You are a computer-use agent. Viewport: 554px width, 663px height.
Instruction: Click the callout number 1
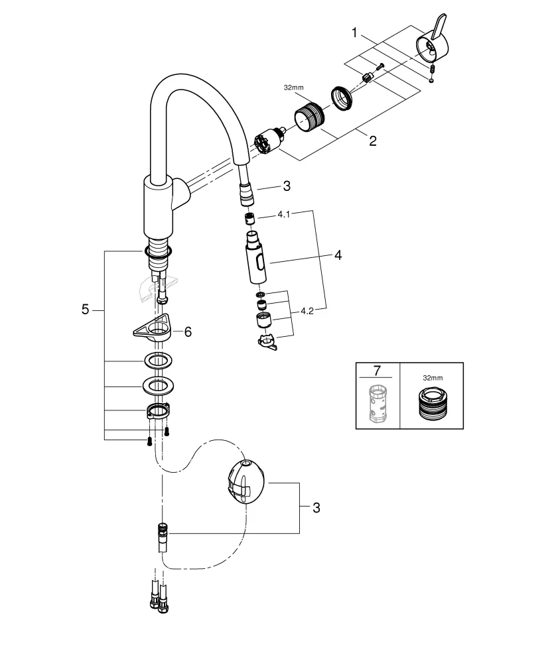click(x=355, y=32)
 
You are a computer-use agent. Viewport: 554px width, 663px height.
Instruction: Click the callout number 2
click(x=372, y=141)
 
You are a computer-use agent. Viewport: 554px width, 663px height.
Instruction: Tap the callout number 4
click(x=338, y=255)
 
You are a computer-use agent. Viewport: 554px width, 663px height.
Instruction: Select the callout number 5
click(x=85, y=309)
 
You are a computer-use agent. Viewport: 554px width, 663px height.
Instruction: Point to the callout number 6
click(x=188, y=331)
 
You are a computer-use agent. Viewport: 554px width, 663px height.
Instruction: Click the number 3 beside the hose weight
click(x=316, y=508)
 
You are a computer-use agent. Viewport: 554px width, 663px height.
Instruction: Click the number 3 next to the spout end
click(x=287, y=187)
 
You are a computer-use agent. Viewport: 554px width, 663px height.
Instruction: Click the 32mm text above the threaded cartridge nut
click(x=293, y=88)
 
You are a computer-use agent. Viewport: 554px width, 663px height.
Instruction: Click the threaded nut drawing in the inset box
click(x=432, y=403)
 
